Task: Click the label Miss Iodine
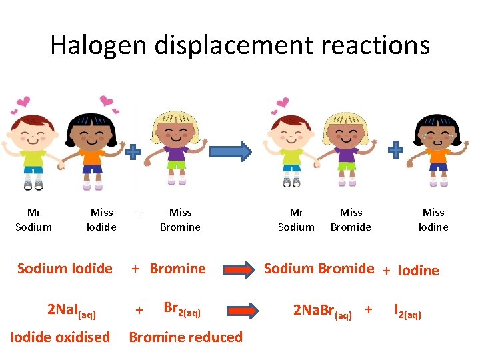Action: coord(433,219)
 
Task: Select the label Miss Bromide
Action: coord(351,219)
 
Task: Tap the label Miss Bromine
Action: coord(180,219)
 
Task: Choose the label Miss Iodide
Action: coord(101,219)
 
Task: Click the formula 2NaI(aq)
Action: coord(72,310)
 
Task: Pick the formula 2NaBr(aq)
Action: coord(323,311)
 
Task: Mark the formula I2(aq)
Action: coord(407,311)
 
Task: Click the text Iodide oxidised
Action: coord(60,337)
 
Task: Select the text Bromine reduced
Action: coord(185,337)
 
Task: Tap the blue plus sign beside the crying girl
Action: coord(396,149)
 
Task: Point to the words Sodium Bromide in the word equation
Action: coord(319,269)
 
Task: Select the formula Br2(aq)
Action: coord(181,309)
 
